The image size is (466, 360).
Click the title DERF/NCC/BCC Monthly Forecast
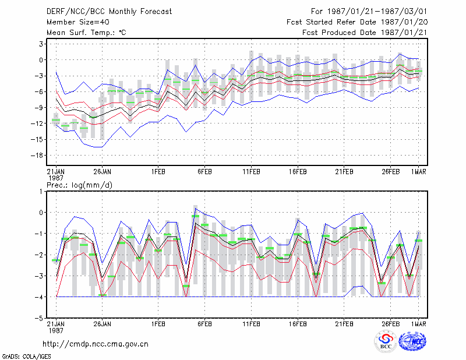(109, 12)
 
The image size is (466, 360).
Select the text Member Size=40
(78, 22)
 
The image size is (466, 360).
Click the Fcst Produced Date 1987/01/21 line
(365, 33)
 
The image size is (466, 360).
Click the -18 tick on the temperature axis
(37, 155)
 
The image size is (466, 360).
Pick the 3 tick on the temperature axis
(41, 44)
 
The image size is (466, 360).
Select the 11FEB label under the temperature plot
(251, 172)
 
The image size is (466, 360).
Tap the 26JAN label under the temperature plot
(103, 172)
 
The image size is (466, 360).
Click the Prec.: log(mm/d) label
(79, 185)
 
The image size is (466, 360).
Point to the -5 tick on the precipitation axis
(39, 318)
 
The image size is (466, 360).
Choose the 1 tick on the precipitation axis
(41, 192)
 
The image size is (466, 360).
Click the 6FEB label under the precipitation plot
(204, 324)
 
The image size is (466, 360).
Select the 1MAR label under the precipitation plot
(418, 324)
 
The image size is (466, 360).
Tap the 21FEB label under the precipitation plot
(344, 324)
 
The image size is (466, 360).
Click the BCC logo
(386, 341)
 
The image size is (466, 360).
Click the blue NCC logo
(412, 341)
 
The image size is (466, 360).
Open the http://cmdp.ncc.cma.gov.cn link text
(96, 344)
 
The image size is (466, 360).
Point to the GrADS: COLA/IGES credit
(26, 357)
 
